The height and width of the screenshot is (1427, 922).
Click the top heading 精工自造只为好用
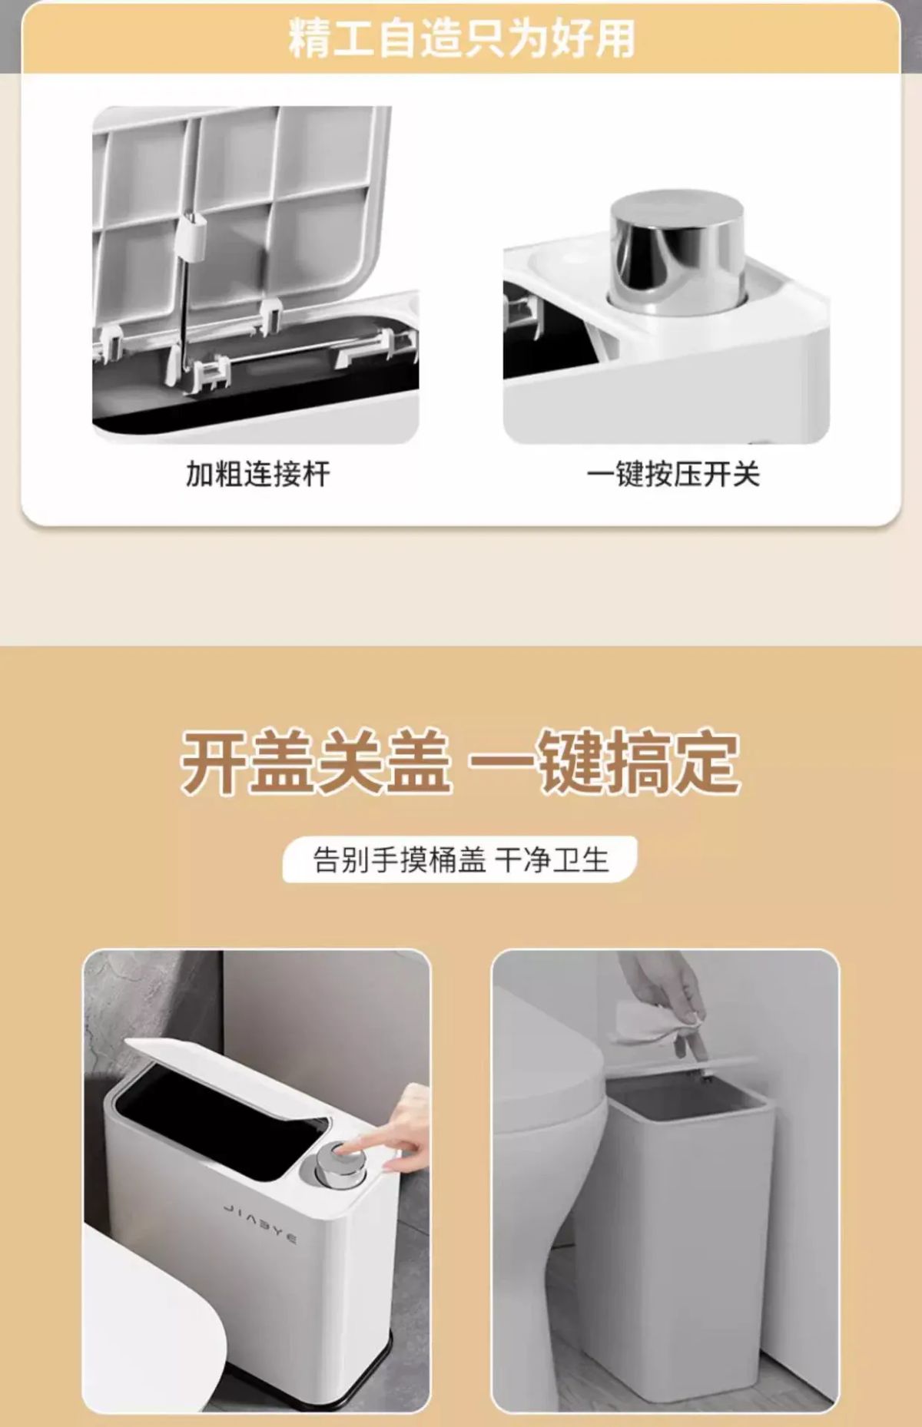click(x=462, y=38)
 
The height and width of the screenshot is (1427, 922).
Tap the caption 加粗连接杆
click(x=257, y=474)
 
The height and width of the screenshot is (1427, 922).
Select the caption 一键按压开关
click(x=673, y=474)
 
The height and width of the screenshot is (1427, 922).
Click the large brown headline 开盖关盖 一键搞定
click(x=460, y=761)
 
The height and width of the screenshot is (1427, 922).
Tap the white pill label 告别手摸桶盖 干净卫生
click(x=459, y=859)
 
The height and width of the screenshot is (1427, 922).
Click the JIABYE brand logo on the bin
click(x=260, y=1223)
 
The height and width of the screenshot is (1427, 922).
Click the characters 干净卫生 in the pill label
click(x=552, y=859)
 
